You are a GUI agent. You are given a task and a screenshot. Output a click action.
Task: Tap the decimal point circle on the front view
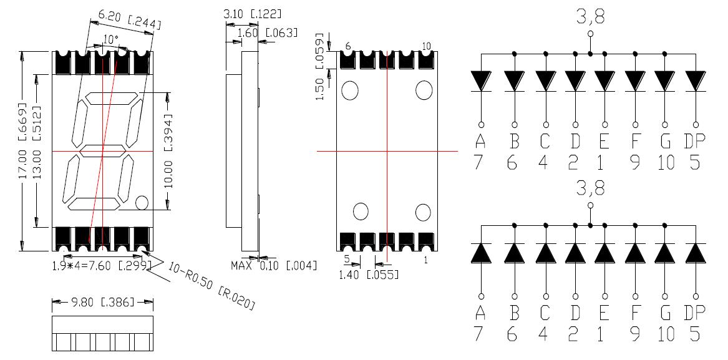(x=142, y=202)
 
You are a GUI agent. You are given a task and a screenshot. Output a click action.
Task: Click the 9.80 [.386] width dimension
(x=102, y=303)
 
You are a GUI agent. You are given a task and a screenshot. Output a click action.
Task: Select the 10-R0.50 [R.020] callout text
(x=212, y=286)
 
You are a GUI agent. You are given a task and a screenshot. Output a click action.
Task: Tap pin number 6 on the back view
(x=348, y=46)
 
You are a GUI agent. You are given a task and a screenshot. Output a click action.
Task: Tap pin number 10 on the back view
(x=427, y=46)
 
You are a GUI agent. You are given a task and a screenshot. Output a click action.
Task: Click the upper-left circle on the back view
(x=349, y=90)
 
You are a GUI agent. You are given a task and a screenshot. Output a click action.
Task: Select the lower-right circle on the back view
(x=424, y=212)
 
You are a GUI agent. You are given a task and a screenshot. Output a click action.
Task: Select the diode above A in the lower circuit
(x=481, y=253)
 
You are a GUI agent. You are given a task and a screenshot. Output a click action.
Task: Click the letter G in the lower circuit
(x=665, y=312)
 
